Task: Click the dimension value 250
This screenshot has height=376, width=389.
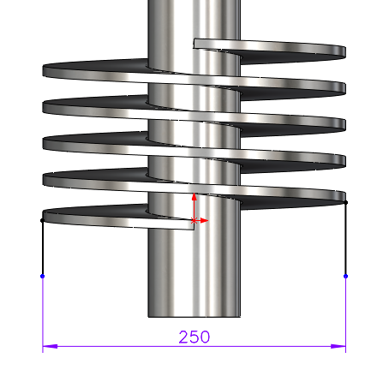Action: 194,337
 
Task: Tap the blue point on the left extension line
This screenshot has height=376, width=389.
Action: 43,276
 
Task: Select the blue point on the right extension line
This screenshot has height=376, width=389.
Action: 345,276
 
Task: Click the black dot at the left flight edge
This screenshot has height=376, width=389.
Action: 43,220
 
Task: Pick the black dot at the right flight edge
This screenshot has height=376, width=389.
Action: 345,202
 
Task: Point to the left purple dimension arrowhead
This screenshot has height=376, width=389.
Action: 50,346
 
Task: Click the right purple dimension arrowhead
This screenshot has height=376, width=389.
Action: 338,346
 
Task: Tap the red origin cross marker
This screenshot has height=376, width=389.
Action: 194,221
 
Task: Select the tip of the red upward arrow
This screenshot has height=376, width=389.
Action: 194,194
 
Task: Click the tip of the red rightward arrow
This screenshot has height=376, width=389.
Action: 208,221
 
